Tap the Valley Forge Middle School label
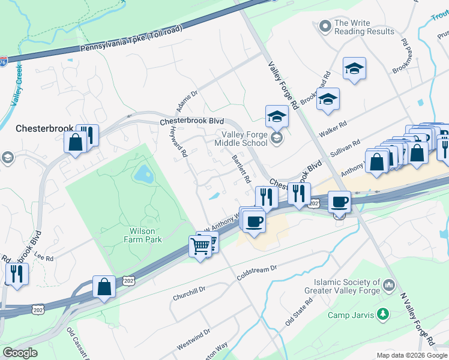click(x=244, y=139)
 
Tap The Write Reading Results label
click(x=364, y=27)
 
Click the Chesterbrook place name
click(x=44, y=128)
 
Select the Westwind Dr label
click(x=194, y=340)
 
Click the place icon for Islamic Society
click(x=389, y=284)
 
